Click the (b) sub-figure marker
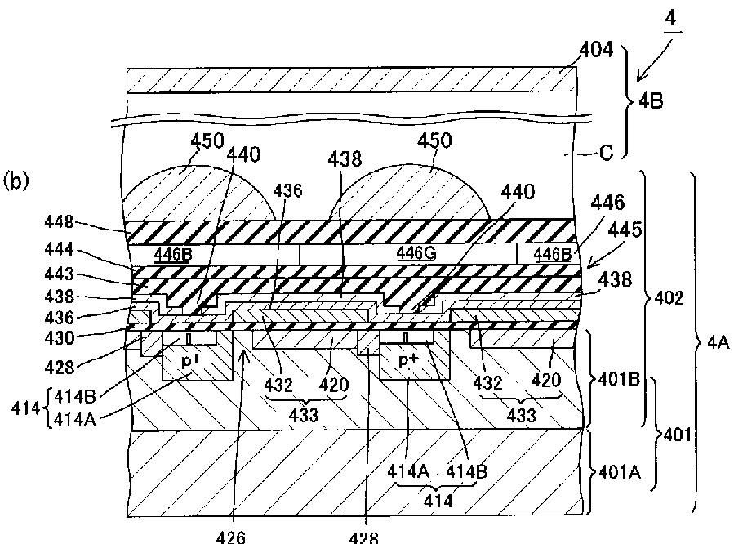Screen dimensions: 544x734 click(16, 179)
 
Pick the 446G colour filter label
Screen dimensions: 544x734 click(415, 253)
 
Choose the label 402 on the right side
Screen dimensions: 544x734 click(670, 300)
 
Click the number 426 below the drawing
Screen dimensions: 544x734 click(229, 537)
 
